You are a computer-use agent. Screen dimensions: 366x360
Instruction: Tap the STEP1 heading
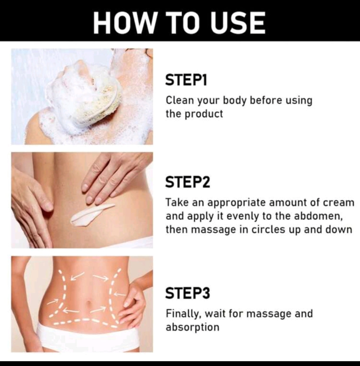[186, 80]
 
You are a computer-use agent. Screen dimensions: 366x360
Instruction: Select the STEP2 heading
[188, 182]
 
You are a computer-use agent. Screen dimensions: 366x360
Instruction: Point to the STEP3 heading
[188, 293]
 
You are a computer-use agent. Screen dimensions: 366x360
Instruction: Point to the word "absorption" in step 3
[193, 327]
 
